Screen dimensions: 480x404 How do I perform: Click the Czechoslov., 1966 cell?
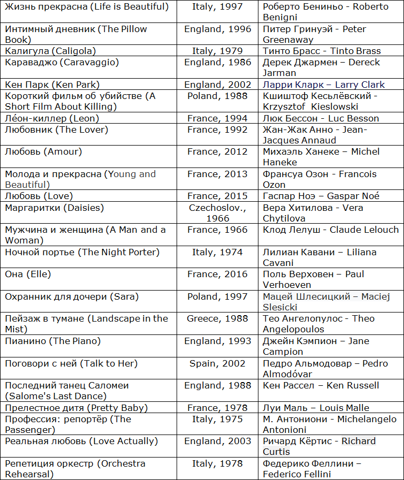coord(217,213)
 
